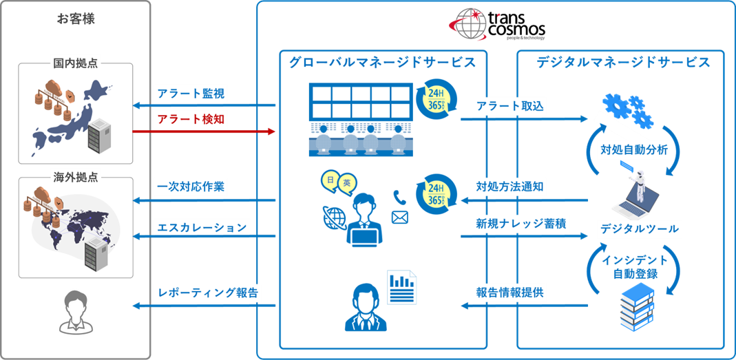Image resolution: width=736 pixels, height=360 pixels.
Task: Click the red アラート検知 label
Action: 191,120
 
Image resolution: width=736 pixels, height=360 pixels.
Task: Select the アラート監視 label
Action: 191,94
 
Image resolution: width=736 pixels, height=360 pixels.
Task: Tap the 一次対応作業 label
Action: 191,187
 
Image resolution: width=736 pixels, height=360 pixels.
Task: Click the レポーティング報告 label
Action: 207,293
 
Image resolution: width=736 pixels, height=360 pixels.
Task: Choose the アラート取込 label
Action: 510,106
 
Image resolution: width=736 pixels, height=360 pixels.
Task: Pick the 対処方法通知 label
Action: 510,187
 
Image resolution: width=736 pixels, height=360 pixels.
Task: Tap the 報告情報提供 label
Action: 510,293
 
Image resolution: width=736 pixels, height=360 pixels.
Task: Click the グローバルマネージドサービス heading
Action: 382,63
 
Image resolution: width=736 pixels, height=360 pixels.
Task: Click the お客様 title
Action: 75,19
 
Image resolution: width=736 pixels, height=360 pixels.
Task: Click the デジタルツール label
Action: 640,230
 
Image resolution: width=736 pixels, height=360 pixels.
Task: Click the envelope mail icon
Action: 400,218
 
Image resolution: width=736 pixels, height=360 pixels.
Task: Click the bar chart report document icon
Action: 401,286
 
